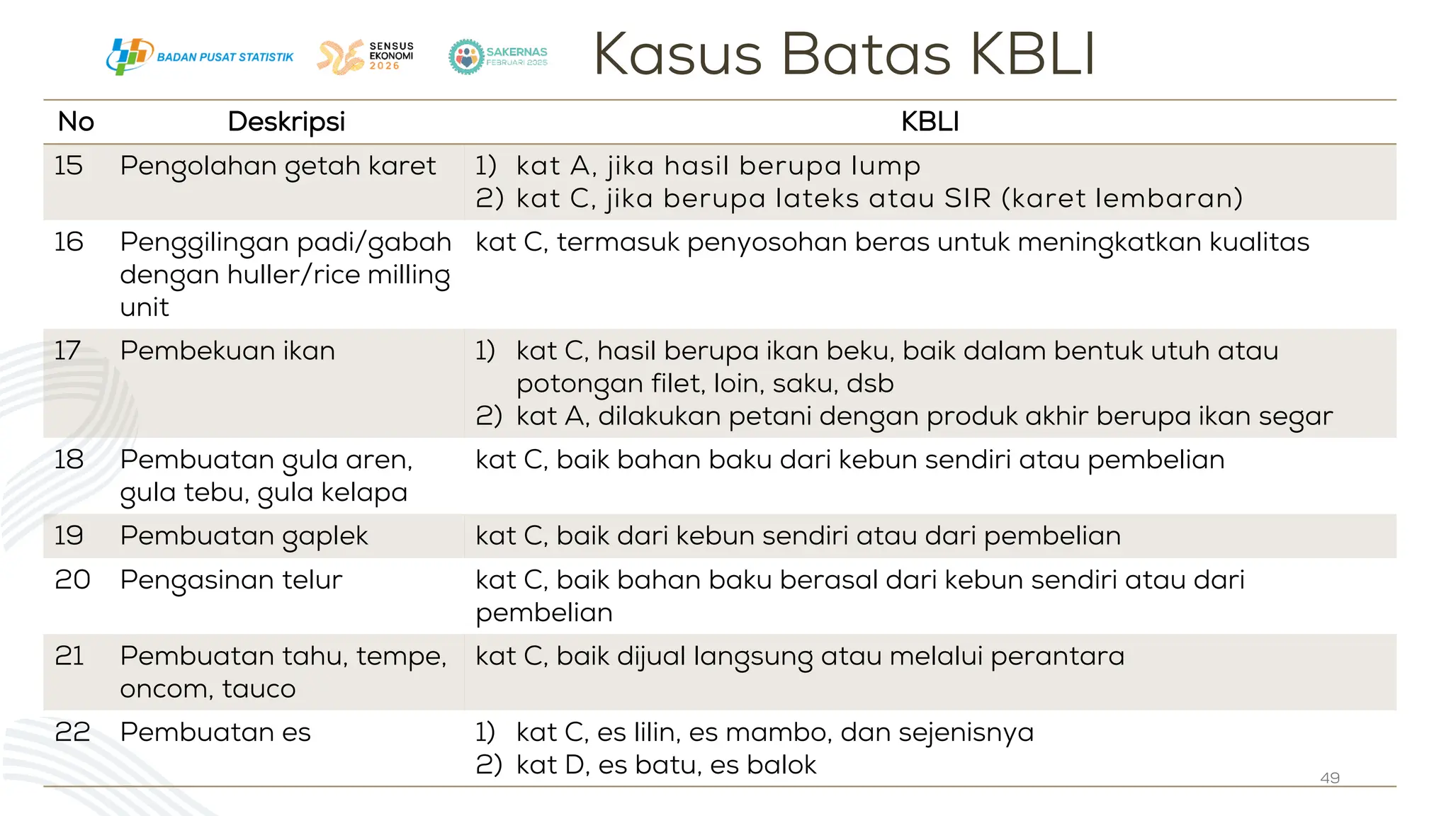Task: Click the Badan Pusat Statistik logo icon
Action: [129, 57]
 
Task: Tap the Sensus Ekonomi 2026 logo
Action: [366, 57]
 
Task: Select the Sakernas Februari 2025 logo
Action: [498, 57]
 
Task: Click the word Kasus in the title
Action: [677, 55]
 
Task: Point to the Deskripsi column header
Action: [286, 122]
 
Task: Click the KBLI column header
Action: [930, 122]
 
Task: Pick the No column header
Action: [76, 122]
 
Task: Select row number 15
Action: [69, 166]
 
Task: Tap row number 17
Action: [68, 351]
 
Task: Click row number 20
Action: [72, 580]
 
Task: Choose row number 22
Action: [72, 732]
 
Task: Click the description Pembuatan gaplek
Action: [244, 536]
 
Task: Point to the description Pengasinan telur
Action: [231, 580]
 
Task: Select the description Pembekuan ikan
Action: [227, 351]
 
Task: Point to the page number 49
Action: [1330, 778]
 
